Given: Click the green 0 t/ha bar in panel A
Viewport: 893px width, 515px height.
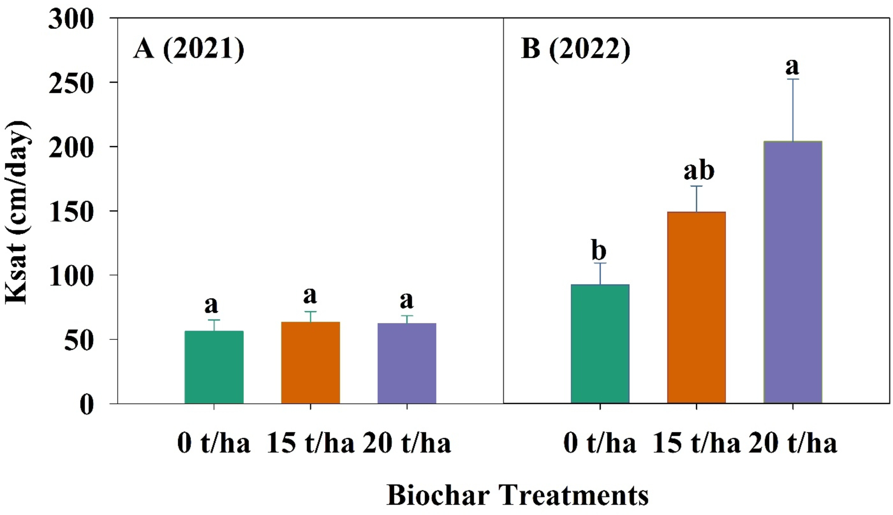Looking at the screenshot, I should (x=214, y=367).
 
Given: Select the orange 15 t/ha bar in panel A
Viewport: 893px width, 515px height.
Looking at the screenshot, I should (x=310, y=362).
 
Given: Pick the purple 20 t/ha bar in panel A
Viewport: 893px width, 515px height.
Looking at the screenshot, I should (x=406, y=363).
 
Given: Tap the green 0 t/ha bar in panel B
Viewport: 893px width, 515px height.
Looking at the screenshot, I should (x=600, y=344).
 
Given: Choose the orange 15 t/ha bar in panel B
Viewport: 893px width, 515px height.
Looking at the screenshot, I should (x=696, y=308).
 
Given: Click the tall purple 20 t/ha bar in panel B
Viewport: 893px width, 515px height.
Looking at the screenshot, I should (x=793, y=272).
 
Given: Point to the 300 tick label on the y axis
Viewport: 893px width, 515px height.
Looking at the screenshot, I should (x=71, y=20).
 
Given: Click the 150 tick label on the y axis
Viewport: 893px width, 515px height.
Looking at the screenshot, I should (x=71, y=212).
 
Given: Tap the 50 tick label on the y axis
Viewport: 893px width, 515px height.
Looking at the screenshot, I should (x=79, y=341).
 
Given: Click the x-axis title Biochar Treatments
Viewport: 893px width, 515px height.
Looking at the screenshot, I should (x=517, y=495).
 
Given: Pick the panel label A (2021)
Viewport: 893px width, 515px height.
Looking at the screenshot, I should (x=188, y=49).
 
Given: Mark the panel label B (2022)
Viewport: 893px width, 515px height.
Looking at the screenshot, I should (x=576, y=49).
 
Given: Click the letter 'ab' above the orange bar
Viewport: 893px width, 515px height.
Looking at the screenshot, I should (x=699, y=170).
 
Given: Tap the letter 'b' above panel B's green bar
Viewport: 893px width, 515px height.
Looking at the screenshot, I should (x=599, y=250).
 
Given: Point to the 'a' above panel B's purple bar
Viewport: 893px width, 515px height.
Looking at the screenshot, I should (x=792, y=67).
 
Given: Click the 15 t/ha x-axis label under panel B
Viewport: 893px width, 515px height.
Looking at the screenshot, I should (x=696, y=442).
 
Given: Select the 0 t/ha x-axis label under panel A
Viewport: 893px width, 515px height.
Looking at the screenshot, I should (x=214, y=442).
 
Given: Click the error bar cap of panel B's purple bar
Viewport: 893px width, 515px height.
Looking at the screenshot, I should (x=793, y=79).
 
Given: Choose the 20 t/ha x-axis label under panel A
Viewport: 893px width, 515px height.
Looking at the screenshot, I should (x=406, y=442).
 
